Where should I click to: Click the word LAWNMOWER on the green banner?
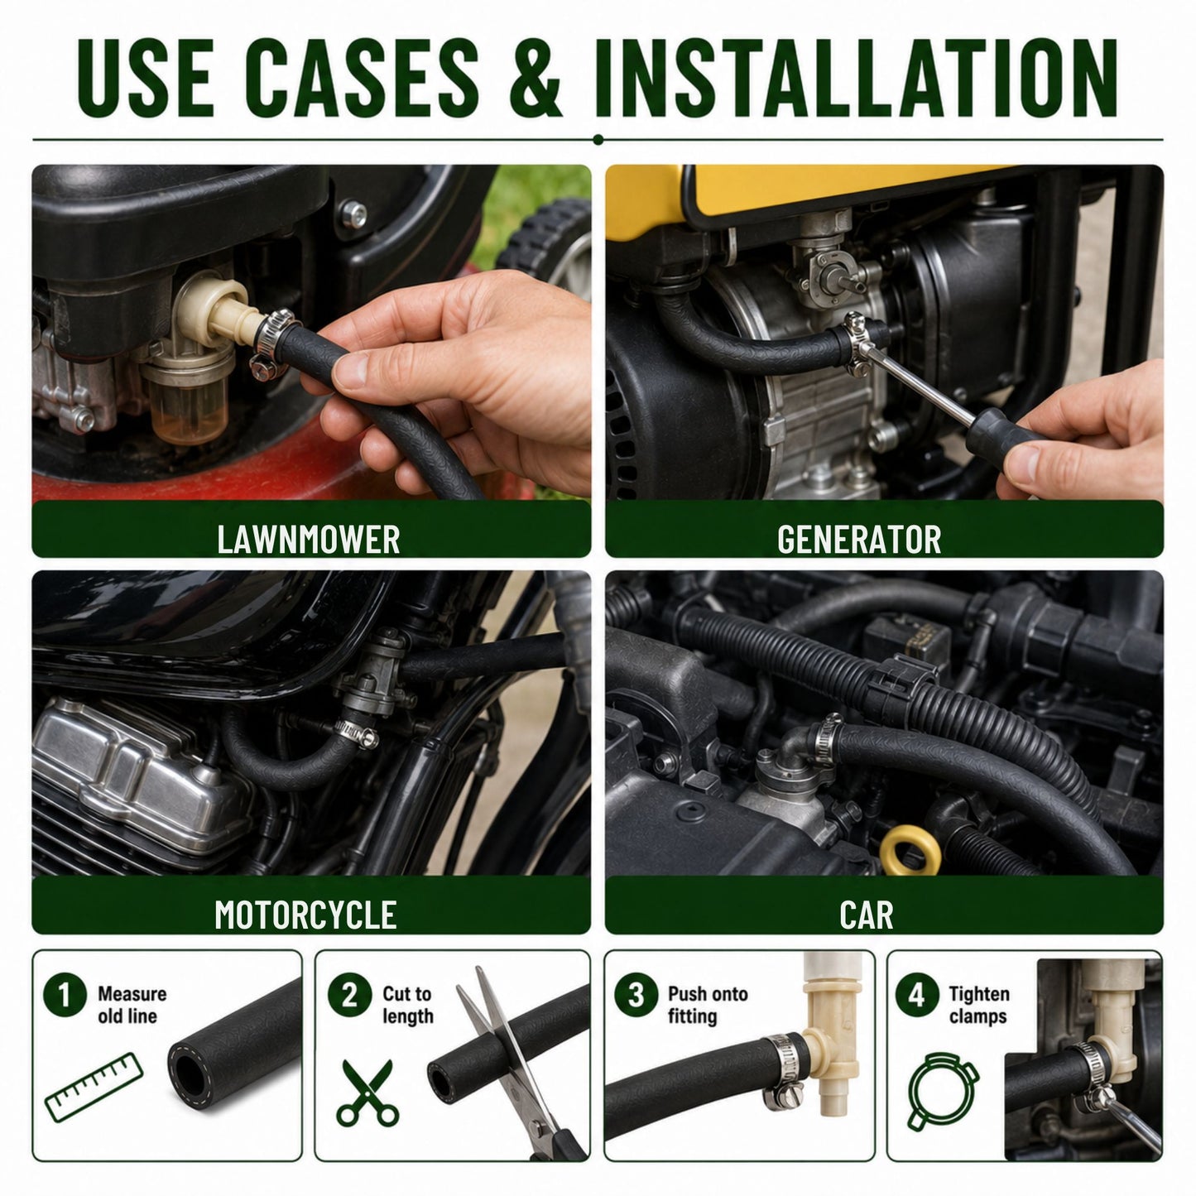(309, 539)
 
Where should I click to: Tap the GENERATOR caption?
(859, 539)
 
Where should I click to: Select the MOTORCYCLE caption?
(305, 915)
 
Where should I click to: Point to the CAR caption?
(866, 915)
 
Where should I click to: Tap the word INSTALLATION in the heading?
(856, 78)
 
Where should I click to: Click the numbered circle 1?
(65, 995)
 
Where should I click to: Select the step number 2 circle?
(349, 995)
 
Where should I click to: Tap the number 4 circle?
(916, 995)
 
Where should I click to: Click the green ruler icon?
(94, 1087)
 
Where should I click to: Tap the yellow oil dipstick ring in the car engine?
(910, 850)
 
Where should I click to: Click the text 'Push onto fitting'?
(708, 1005)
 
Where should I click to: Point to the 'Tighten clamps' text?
(979, 1005)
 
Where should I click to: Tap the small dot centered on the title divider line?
(598, 140)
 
